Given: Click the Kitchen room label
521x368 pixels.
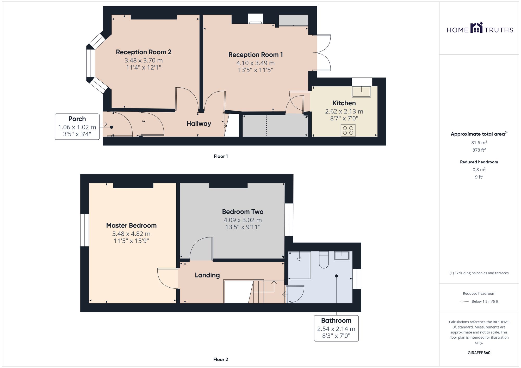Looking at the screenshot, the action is [344, 103].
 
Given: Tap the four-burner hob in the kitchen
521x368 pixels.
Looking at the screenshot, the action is [348, 131].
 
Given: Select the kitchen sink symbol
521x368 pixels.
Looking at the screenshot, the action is [361, 92].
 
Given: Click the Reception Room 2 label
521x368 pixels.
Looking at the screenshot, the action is [144, 52].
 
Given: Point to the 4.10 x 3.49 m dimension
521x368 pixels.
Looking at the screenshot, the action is [256, 63].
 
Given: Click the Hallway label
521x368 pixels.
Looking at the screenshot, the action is [199, 124].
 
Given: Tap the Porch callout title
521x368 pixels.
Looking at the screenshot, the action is [77, 119].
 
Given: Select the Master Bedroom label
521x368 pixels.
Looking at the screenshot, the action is [131, 225].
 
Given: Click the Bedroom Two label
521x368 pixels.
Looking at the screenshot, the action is [243, 212].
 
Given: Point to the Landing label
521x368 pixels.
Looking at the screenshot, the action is [207, 275].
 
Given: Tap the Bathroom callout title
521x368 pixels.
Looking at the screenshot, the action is [336, 320].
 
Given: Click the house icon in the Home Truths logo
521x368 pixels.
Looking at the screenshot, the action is [477, 28].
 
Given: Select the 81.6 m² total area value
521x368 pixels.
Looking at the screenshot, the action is [479, 143].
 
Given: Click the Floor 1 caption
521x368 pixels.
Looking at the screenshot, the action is [221, 156].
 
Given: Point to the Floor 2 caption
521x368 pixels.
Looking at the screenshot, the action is [221, 359].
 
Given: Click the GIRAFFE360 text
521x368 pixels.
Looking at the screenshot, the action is [479, 353].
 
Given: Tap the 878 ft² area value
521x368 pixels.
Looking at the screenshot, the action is [479, 150].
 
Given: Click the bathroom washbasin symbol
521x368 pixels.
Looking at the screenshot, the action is [342, 256].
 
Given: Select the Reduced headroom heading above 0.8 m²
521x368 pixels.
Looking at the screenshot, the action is [479, 162].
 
